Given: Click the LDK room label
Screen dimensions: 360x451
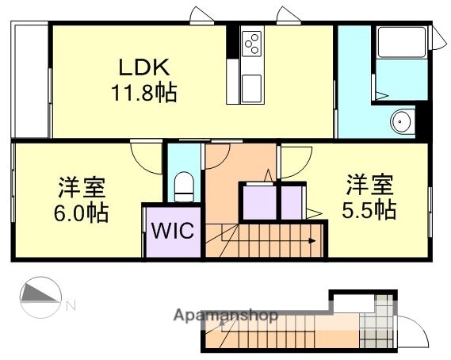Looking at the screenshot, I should coord(143,68).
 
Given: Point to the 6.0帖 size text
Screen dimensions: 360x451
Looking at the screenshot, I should coord(82,213).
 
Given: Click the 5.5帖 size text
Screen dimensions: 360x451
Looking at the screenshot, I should coord(369,210).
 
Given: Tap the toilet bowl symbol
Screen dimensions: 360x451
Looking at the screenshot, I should coord(185,186).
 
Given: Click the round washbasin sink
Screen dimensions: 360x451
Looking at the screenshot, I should coord(401,122).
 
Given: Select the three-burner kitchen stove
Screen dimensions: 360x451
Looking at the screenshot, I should coord(253,43).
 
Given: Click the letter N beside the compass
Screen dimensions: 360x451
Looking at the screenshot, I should coord(71,304).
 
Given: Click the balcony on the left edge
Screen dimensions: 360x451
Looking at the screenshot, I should coord(30,79).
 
